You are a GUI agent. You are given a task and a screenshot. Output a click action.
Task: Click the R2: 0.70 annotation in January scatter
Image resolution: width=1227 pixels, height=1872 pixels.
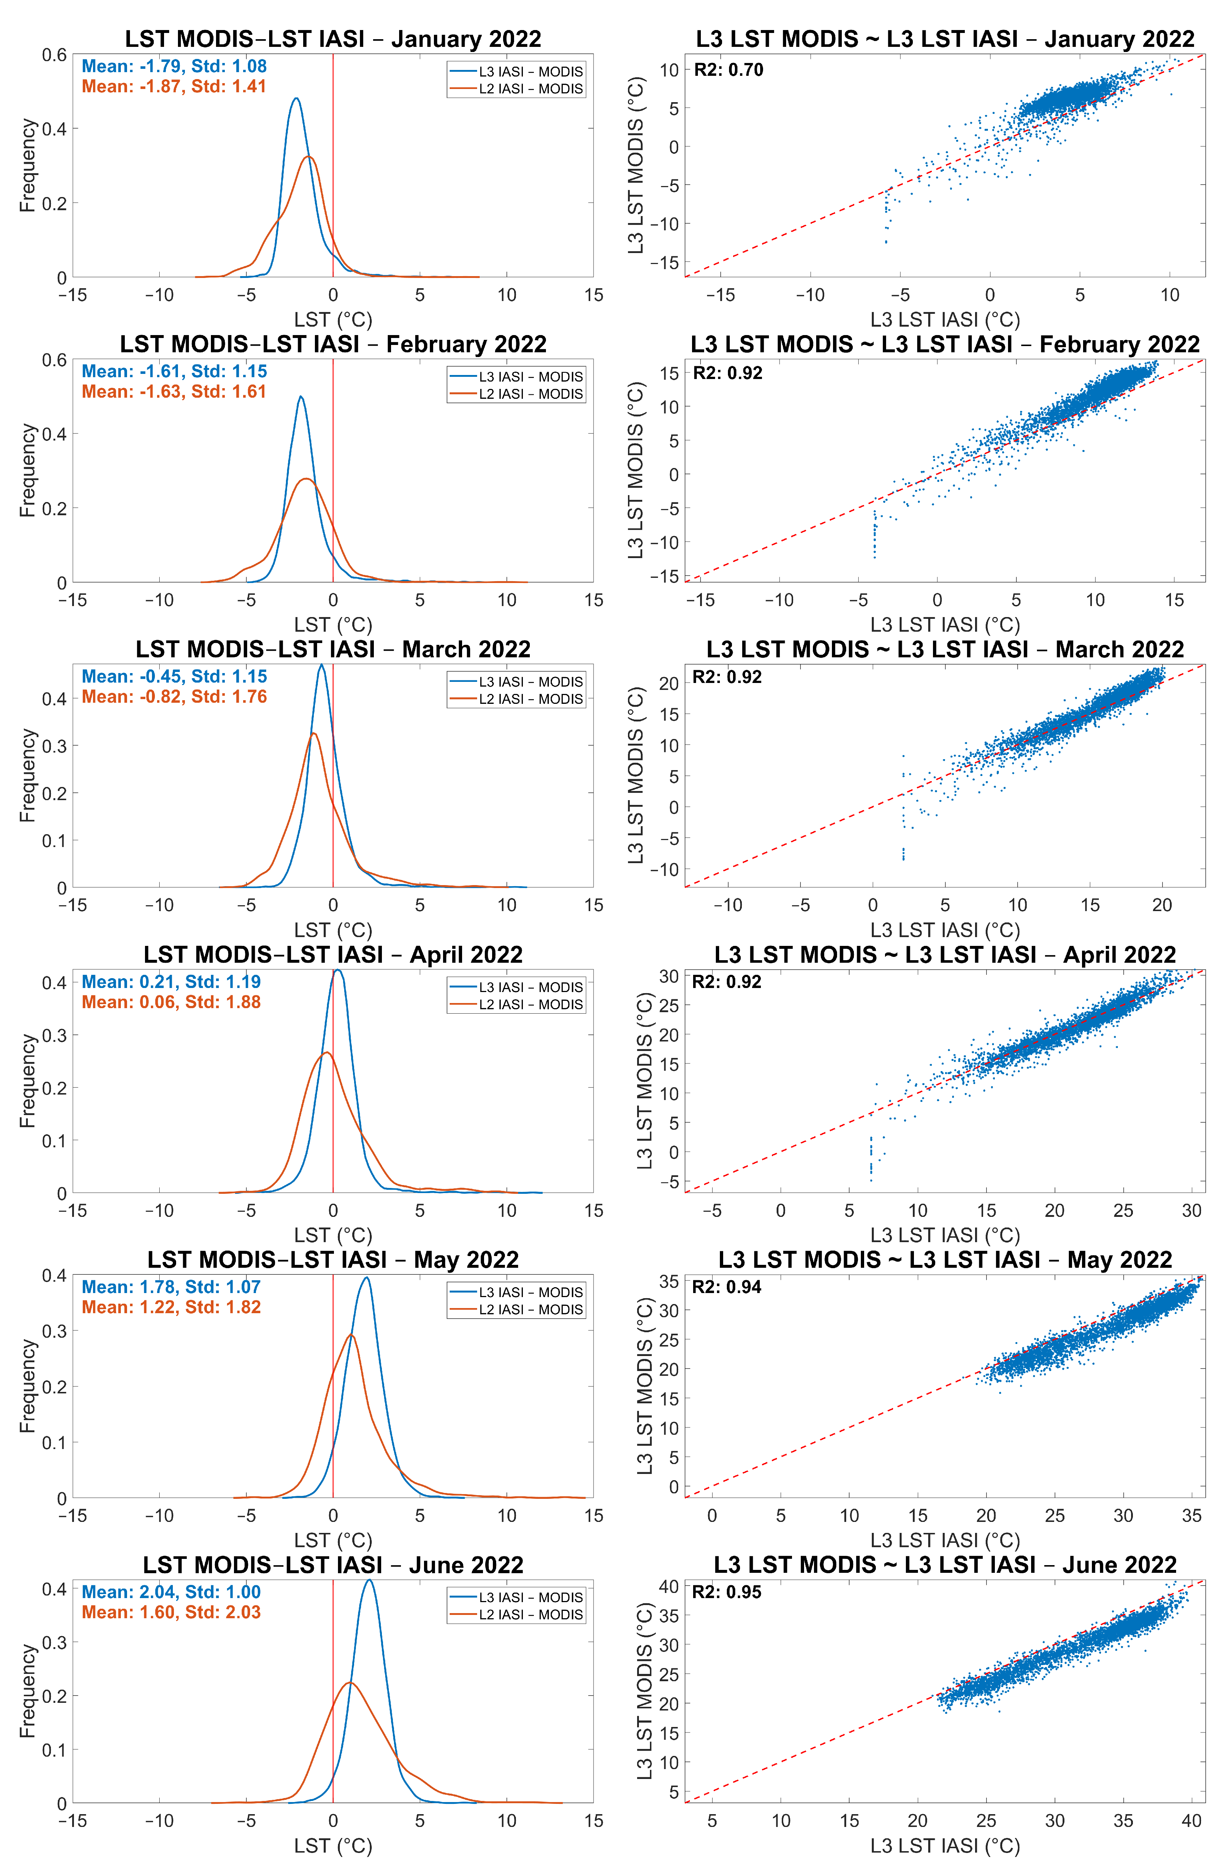(728, 70)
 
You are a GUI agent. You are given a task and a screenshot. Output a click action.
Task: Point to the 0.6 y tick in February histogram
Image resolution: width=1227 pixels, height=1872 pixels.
(54, 360)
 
